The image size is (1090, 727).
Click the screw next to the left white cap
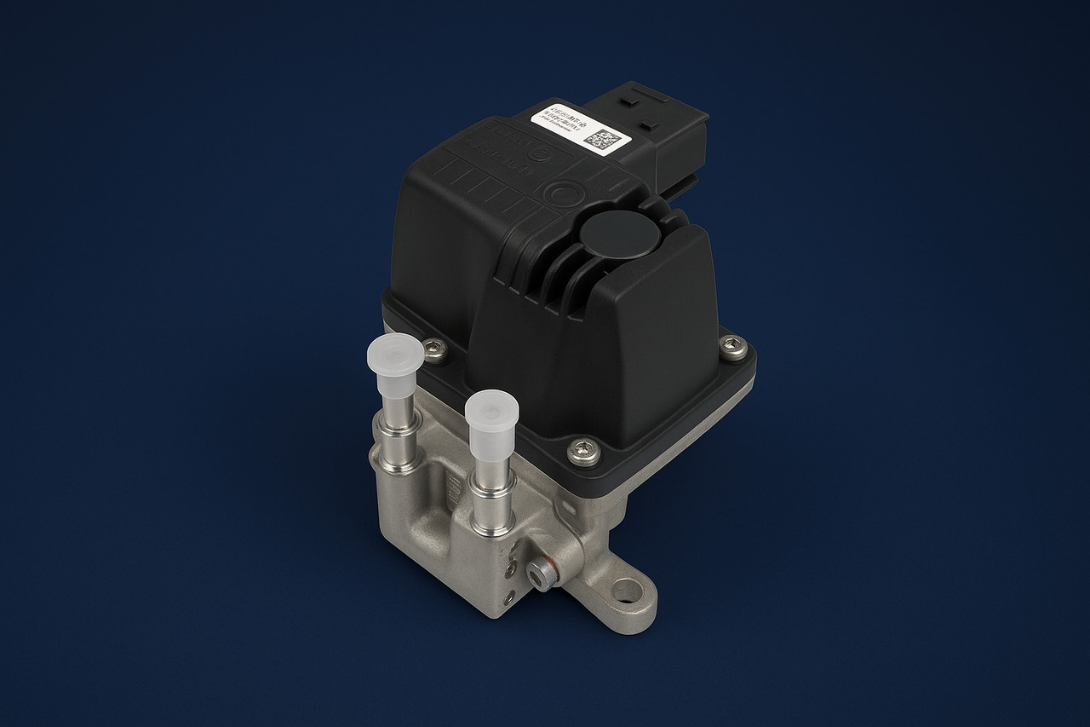point(435,349)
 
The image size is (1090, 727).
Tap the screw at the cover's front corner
point(583,448)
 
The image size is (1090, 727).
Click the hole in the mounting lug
point(627,590)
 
